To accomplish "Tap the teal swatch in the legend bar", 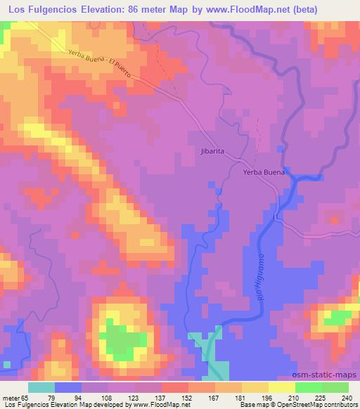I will (x=41, y=387).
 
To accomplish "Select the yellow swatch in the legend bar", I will (x=282, y=387).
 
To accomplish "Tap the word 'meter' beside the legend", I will (x=11, y=397).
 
